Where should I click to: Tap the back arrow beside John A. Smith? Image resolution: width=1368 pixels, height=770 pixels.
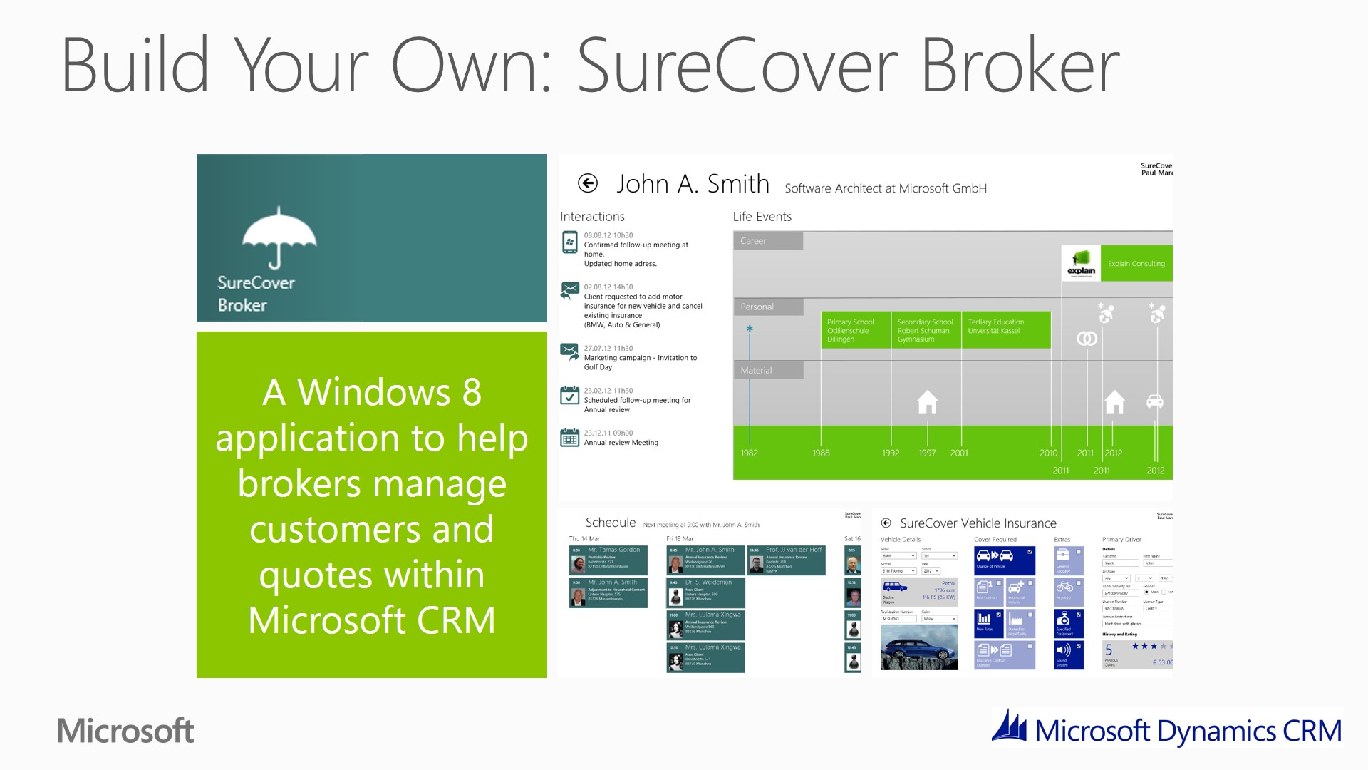point(588,184)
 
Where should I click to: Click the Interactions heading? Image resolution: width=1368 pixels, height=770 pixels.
point(592,217)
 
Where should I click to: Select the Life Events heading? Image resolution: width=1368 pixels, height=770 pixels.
point(762,217)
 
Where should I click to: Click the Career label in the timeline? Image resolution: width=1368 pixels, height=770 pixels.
point(753,241)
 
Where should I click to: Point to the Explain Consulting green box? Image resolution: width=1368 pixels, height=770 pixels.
point(1136,264)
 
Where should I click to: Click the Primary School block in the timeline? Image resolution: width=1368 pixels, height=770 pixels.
point(855,330)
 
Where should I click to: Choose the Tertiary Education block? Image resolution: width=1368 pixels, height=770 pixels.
point(1005,329)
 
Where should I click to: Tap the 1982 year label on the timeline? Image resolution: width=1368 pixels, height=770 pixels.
point(749,453)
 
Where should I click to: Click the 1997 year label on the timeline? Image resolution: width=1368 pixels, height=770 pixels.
point(927,453)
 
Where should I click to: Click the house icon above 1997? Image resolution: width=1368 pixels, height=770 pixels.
point(927,402)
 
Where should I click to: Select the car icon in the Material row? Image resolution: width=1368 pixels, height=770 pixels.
point(1155,401)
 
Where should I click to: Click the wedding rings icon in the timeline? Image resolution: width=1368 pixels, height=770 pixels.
point(1087,339)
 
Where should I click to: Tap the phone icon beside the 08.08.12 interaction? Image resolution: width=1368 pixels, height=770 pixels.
point(569,242)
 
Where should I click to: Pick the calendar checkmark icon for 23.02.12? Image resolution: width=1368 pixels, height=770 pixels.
point(569,396)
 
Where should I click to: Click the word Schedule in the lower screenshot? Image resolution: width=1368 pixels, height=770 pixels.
point(610,523)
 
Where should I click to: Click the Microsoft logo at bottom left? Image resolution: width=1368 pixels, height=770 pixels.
point(125,731)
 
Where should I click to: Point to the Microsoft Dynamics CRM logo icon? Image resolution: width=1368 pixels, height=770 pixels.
point(1010,727)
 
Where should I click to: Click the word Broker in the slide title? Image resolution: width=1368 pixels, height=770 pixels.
point(1020,66)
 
